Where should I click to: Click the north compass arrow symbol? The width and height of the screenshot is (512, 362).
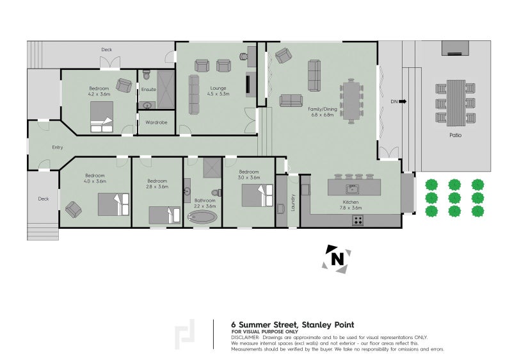point(337,258)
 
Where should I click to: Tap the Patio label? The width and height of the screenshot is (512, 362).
point(455,135)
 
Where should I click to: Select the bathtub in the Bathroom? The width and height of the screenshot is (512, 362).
point(203,218)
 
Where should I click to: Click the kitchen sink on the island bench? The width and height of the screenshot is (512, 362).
point(351,188)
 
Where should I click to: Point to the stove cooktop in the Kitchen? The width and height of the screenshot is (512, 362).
point(358,220)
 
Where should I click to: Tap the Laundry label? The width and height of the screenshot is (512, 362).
point(292,202)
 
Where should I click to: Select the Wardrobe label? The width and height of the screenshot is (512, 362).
point(157,122)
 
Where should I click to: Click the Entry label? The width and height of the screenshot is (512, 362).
point(58,147)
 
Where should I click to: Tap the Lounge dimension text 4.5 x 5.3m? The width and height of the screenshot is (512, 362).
point(218,94)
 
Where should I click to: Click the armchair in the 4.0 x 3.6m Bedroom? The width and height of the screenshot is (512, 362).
point(73,209)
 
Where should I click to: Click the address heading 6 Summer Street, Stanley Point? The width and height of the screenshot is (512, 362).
point(292,324)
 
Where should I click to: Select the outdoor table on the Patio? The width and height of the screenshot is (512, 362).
point(455,103)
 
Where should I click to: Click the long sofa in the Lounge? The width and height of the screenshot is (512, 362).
point(194,94)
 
